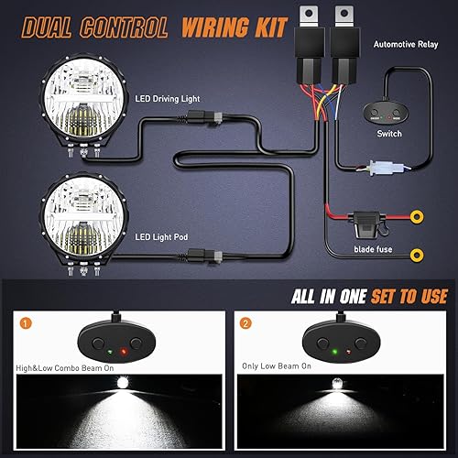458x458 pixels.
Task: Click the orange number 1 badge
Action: (x=26, y=323)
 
